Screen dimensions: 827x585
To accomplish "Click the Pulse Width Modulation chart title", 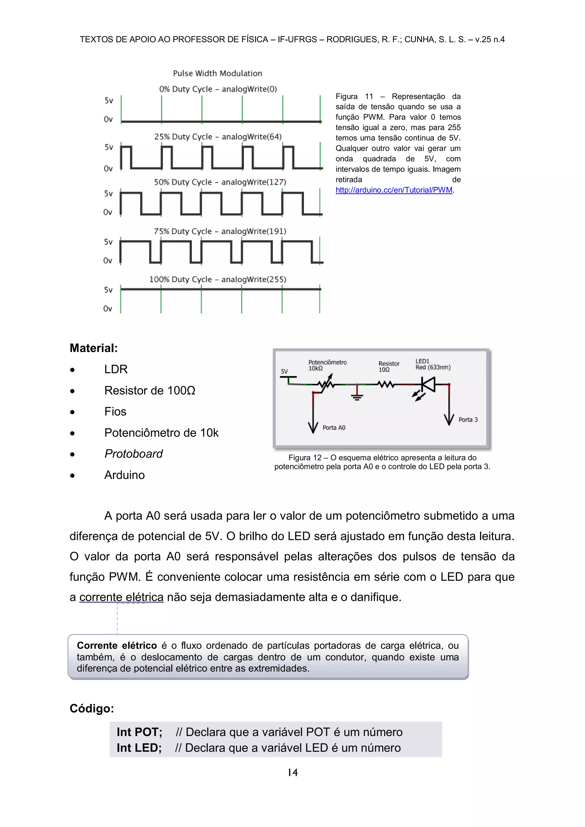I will [x=218, y=73].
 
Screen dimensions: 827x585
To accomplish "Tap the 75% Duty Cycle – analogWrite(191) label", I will [x=220, y=231].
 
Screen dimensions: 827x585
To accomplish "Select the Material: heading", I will [x=94, y=348].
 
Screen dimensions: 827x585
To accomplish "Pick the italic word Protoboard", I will [x=133, y=454].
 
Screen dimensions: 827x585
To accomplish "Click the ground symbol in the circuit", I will [x=357, y=395].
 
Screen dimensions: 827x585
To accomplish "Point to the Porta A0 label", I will [x=334, y=428].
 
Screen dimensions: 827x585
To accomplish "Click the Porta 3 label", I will [x=468, y=420].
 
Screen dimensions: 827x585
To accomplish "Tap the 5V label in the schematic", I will [x=284, y=371].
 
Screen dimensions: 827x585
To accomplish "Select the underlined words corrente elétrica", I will [x=121, y=598].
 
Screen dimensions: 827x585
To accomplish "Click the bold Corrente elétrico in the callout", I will [x=117, y=646].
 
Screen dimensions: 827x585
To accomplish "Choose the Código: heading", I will [x=92, y=708].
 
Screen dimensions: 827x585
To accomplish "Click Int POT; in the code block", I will [x=139, y=732].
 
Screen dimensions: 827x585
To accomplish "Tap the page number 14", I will [x=292, y=773].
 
